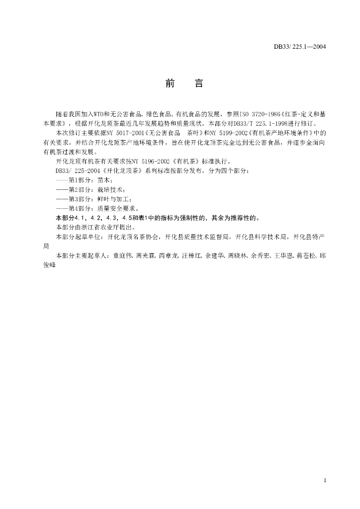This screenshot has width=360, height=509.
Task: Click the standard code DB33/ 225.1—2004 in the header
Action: pos(300,47)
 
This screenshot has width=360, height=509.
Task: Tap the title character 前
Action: pos(170,84)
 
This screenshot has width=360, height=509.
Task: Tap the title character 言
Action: pos(198,84)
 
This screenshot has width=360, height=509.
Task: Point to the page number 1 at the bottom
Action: pos(324,480)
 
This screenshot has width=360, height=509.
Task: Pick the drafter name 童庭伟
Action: pos(124,255)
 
